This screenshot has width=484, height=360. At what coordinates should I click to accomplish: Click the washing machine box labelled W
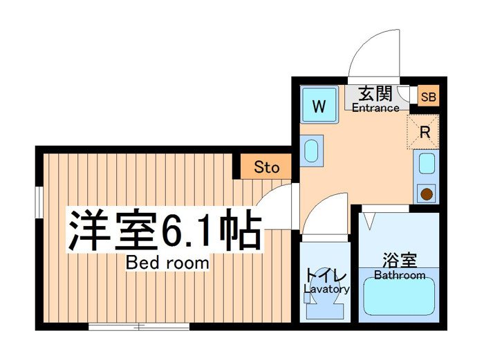[319, 104]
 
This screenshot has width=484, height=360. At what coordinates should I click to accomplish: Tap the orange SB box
[429, 97]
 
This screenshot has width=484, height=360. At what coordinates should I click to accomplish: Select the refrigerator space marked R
[423, 132]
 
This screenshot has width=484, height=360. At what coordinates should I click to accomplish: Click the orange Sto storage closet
[266, 167]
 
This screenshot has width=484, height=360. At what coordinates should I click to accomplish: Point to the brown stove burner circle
[427, 194]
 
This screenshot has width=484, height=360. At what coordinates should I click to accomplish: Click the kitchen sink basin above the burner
[427, 164]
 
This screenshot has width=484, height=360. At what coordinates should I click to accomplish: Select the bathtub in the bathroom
[399, 296]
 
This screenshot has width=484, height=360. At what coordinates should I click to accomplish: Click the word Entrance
[375, 108]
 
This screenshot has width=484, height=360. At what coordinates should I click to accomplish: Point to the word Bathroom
[400, 275]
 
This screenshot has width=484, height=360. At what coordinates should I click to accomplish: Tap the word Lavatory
[326, 289]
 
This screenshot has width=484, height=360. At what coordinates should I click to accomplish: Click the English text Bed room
[167, 263]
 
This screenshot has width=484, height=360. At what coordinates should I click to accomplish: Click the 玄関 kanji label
[375, 93]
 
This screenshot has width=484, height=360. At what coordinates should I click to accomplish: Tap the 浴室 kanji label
[400, 260]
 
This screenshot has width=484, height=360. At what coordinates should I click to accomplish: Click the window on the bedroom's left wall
[39, 202]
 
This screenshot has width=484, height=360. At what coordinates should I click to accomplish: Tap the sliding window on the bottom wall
[139, 326]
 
